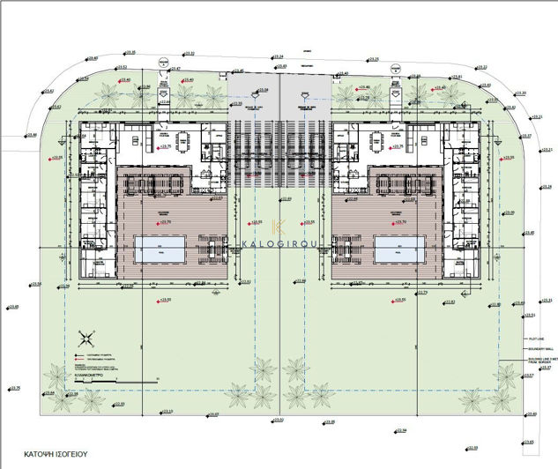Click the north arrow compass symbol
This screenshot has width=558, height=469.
(86, 336)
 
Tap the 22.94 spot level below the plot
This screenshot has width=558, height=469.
(400, 430)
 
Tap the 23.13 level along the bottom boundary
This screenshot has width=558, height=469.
(168, 412)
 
